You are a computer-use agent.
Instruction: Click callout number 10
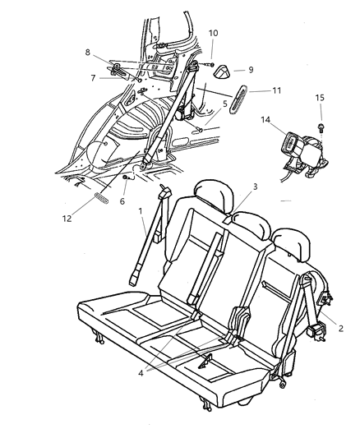(x=213, y=33)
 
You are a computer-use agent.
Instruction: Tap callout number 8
(x=88, y=53)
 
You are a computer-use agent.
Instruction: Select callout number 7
(x=93, y=78)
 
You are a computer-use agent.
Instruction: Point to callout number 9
(x=251, y=70)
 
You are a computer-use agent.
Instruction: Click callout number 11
(x=276, y=90)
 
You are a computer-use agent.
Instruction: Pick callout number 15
(x=320, y=98)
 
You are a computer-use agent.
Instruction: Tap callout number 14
(x=265, y=119)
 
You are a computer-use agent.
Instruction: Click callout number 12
(x=67, y=219)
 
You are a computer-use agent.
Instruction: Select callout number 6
(x=122, y=201)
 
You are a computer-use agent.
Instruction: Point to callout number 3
(x=255, y=187)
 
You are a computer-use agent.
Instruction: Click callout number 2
(x=340, y=329)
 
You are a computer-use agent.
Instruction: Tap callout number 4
(x=141, y=373)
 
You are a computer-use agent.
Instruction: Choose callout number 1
(x=141, y=211)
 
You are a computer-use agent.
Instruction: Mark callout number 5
(x=225, y=104)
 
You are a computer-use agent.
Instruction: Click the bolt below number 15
(x=321, y=127)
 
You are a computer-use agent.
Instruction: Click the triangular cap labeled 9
(x=223, y=71)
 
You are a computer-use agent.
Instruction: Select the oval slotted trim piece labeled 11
(x=238, y=99)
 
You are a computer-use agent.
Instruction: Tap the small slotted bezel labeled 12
(x=101, y=199)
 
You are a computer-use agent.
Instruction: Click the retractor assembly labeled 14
(x=304, y=155)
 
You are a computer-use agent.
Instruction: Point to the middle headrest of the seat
(x=252, y=225)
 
